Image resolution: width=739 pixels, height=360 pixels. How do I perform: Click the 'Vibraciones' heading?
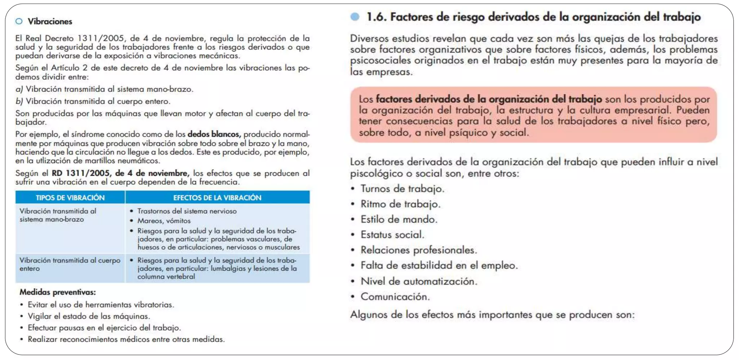50,22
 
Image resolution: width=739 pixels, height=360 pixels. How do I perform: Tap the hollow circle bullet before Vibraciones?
19,22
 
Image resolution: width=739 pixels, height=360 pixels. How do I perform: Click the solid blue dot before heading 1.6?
355,17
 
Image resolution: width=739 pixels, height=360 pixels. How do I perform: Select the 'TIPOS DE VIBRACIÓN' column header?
70,198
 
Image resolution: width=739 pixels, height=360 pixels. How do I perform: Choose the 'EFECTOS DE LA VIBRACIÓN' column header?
217,198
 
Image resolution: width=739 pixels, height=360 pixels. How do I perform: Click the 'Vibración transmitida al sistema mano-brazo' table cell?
58,215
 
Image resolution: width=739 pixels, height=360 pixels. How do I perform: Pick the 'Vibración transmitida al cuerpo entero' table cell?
70,264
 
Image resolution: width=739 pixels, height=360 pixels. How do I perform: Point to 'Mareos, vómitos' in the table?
164,221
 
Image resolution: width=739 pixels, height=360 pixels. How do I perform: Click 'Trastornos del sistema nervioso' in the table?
187,211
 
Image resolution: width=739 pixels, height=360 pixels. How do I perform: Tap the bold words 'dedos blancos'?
214,134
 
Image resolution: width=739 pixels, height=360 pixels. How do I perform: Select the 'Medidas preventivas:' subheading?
58,292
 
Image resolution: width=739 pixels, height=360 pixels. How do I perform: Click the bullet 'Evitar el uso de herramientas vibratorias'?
101,305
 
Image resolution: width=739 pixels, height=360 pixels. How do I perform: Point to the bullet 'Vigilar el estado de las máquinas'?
88,316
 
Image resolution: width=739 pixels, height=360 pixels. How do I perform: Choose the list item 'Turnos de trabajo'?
402,189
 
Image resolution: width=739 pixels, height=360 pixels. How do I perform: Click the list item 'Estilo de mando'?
399,219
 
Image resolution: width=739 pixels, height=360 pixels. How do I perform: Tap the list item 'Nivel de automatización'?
419,281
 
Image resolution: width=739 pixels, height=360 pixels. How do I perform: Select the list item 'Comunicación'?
395,297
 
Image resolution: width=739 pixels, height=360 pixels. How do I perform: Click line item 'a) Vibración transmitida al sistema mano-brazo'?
104,89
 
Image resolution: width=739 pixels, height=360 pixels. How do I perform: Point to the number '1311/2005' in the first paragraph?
101,38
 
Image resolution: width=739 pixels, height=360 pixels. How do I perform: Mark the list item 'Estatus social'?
392,235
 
